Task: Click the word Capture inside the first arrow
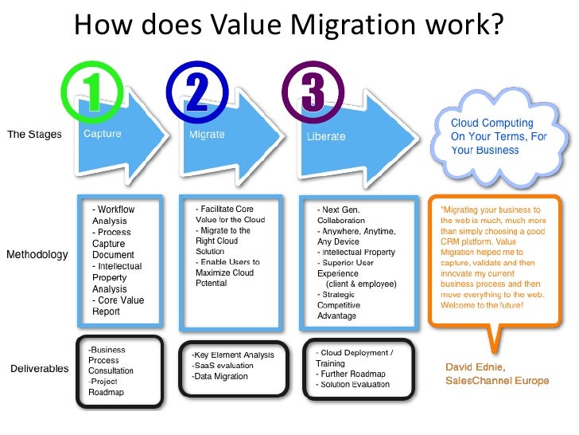(103, 134)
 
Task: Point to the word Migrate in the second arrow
(207, 135)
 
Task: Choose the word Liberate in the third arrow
(326, 136)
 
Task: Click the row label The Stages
(34, 134)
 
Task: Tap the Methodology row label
(37, 255)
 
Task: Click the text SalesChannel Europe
(497, 381)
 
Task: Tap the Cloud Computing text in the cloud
(492, 123)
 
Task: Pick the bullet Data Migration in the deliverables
(220, 376)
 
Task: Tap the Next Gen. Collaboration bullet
(343, 214)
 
